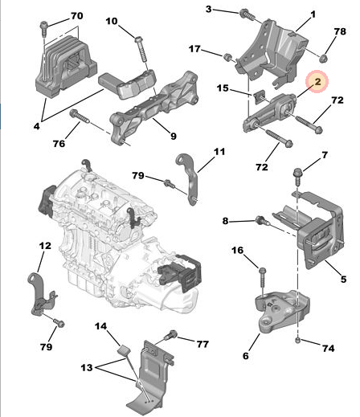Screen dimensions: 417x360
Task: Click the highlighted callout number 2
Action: (x=316, y=81)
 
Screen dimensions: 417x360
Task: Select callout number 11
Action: (x=219, y=151)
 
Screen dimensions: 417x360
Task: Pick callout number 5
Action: (x=342, y=280)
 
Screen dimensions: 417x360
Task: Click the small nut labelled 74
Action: (x=298, y=342)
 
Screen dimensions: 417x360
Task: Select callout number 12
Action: (x=45, y=245)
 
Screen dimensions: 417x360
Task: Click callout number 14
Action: (x=102, y=326)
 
